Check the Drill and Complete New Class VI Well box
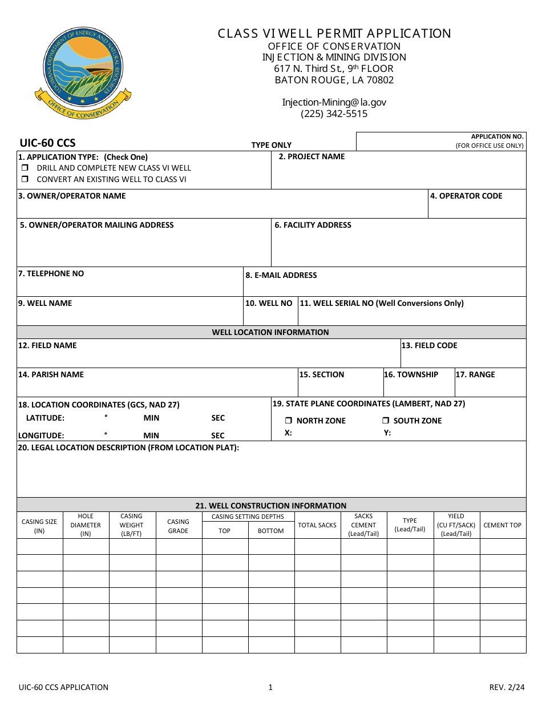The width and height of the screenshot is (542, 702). click(25, 168)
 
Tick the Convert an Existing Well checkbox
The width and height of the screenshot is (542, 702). click(25, 179)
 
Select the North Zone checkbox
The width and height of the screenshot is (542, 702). click(289, 421)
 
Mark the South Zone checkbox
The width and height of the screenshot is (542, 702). click(386, 421)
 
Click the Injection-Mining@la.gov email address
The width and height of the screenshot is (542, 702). click(334, 102)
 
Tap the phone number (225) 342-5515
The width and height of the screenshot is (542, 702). click(334, 114)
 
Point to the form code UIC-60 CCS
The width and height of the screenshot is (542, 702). click(47, 143)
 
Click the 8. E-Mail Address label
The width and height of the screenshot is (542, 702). click(281, 275)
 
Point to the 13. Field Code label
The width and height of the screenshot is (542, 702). click(429, 345)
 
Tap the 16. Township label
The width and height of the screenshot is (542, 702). click(411, 374)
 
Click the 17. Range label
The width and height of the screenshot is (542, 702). click(475, 374)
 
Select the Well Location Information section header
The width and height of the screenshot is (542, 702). click(270, 332)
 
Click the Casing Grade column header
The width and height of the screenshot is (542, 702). click(178, 526)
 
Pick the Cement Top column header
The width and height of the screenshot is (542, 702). click(502, 525)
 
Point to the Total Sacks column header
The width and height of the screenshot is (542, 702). click(317, 525)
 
